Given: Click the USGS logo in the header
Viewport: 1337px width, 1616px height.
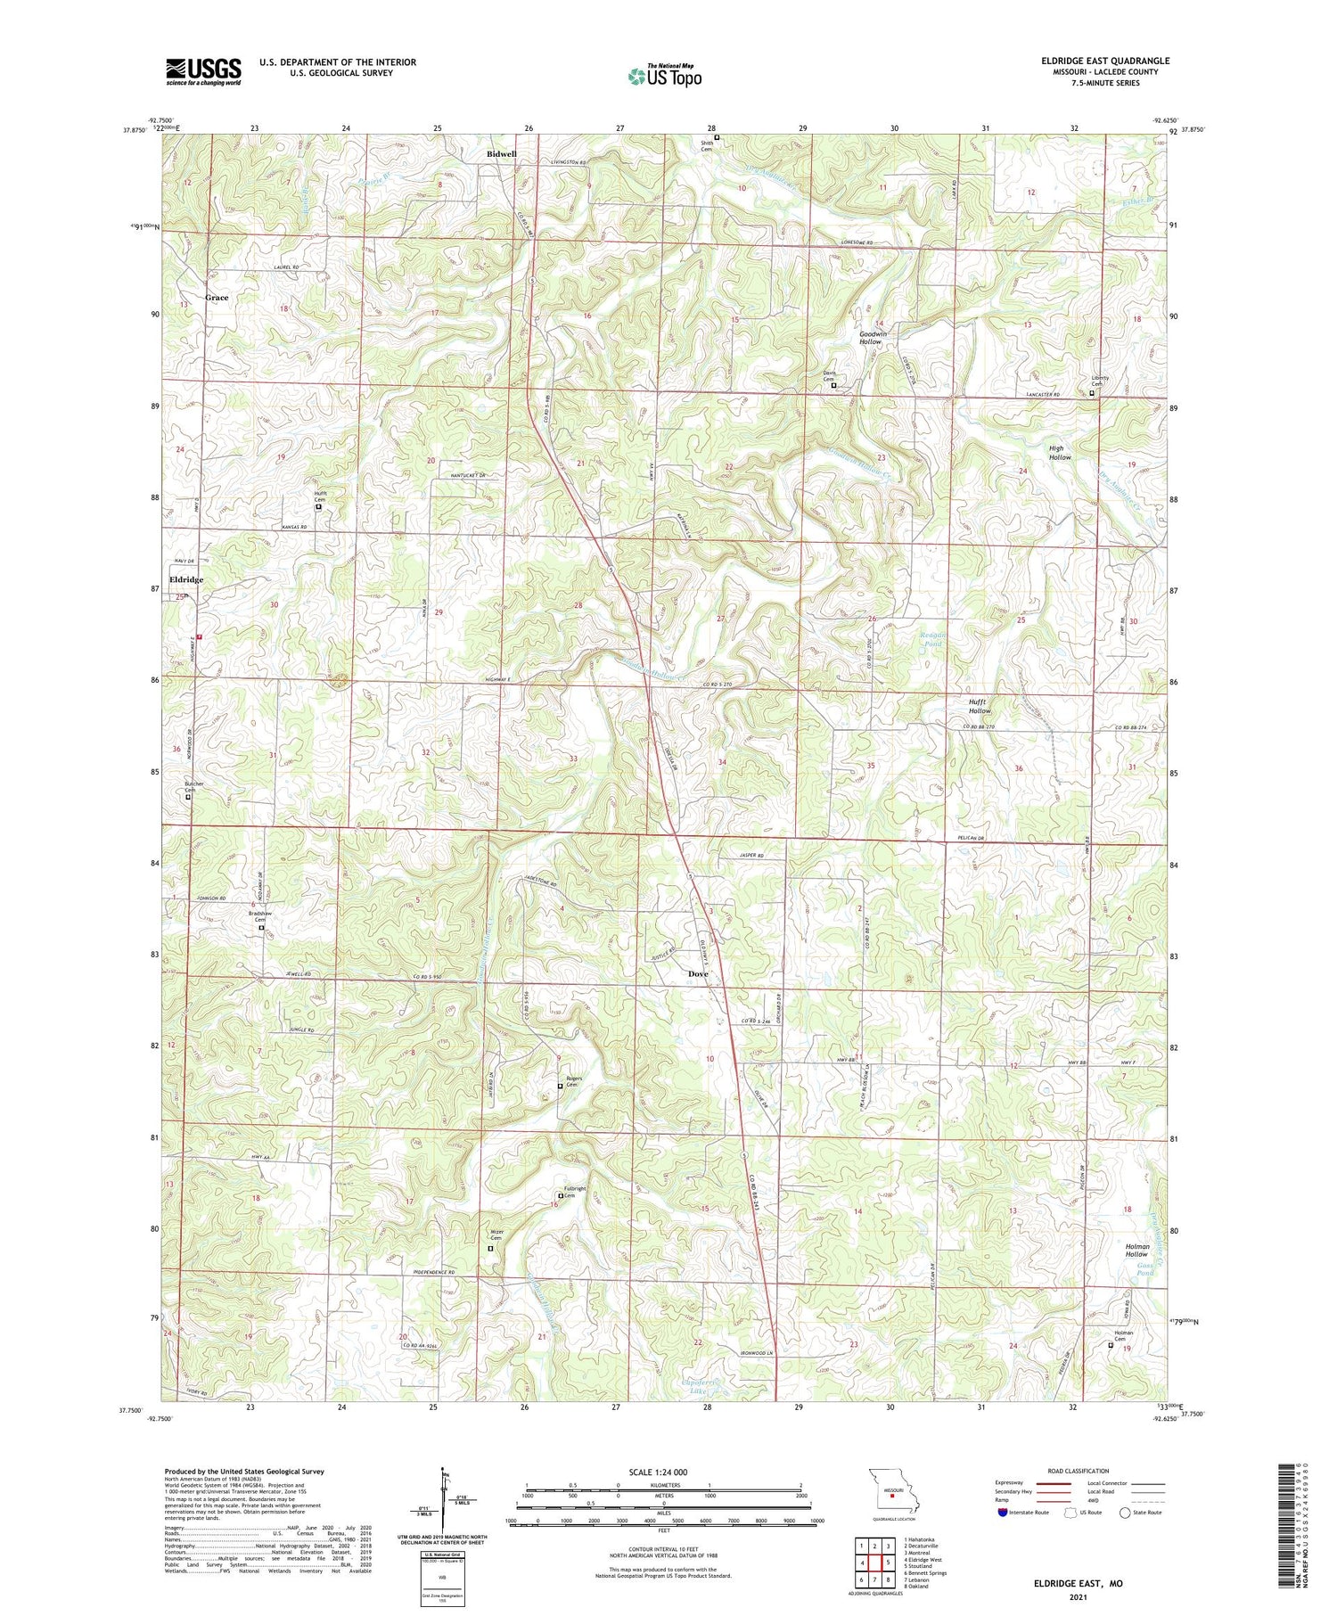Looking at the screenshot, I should pyautogui.click(x=203, y=71).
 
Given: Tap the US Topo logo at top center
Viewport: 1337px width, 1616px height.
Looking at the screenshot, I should pyautogui.click(x=664, y=76).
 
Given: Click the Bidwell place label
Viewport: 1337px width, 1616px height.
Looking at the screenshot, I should pyautogui.click(x=501, y=154).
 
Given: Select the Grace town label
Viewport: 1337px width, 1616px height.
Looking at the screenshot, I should pyautogui.click(x=217, y=298).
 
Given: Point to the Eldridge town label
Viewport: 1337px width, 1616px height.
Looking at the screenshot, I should pyautogui.click(x=186, y=579).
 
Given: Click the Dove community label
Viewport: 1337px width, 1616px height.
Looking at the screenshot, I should pyautogui.click(x=698, y=974).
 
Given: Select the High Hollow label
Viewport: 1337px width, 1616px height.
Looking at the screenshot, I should pyautogui.click(x=1060, y=453).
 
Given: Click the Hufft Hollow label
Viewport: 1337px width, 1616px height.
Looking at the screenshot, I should pyautogui.click(x=980, y=707).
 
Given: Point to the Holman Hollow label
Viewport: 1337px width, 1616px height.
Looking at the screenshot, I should pyautogui.click(x=1136, y=1251).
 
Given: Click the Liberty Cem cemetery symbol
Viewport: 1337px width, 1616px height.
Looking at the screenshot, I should pyautogui.click(x=1092, y=391).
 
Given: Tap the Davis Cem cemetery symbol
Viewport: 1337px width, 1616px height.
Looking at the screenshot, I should pyautogui.click(x=833, y=386).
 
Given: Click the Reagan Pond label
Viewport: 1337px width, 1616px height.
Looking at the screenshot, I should pyautogui.click(x=931, y=640).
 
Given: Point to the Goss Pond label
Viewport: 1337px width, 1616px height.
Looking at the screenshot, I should pyautogui.click(x=1144, y=1270).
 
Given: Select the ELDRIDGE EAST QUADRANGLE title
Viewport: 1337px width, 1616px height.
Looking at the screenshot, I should pyautogui.click(x=1105, y=61).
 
